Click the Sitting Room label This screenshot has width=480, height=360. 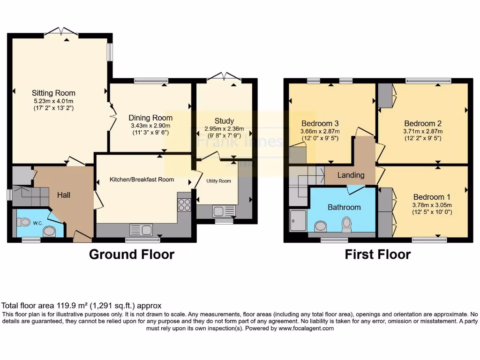[53, 93]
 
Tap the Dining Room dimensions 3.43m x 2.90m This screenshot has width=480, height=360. [150, 126]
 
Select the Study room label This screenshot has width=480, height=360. [224, 121]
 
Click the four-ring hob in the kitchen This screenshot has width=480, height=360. [184, 205]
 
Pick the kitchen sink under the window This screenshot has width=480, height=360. [141, 230]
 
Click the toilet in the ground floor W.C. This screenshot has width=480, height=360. [48, 231]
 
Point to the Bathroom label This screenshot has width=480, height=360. [344, 207]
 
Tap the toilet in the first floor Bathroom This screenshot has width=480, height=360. [347, 223]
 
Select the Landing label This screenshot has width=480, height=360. [351, 175]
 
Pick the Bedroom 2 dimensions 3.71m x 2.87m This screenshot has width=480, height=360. [423, 131]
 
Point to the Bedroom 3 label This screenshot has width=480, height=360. [320, 124]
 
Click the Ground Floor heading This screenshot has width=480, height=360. [132, 255]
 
